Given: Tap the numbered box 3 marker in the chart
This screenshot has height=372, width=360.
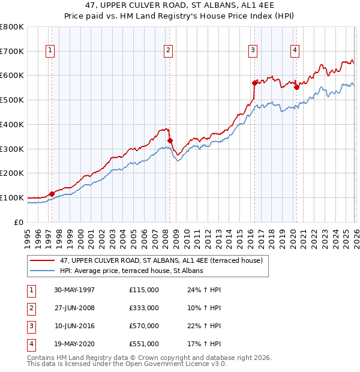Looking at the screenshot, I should coord(253,51).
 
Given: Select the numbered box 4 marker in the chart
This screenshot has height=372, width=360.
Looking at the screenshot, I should coord(295,51).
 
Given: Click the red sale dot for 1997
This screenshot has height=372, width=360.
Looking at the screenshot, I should coord(52,194).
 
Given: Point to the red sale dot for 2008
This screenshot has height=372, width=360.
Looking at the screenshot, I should coord(170,140).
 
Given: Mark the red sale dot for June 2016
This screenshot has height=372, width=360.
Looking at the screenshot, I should coord(254,82).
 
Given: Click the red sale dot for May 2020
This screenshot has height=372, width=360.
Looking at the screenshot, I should coord(296,87).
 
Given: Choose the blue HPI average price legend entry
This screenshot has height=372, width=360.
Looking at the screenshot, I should coord(132,271).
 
